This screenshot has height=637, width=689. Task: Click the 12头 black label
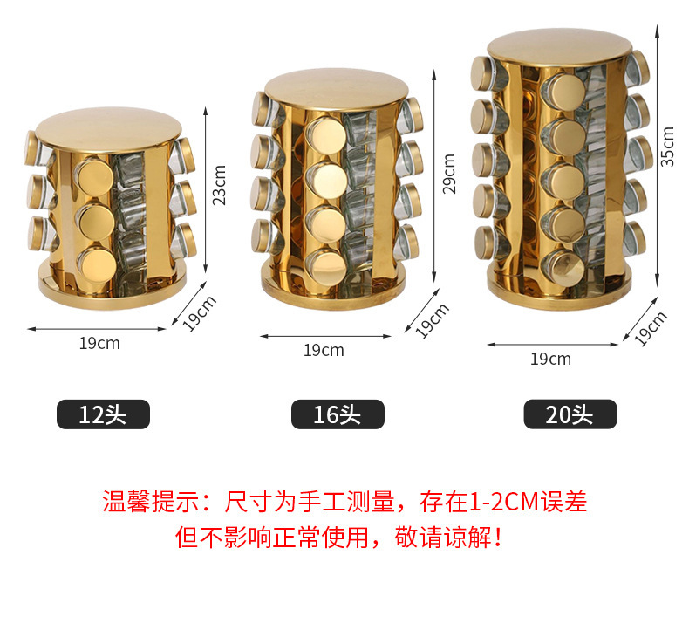point(103,414)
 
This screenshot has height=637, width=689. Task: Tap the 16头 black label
point(337,414)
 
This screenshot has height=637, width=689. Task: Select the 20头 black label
point(570,414)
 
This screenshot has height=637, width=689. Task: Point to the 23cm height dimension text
point(220,184)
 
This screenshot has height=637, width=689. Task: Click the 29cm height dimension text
point(449,174)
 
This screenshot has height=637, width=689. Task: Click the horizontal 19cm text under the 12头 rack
point(99,343)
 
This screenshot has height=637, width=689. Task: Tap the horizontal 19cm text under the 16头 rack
point(324,351)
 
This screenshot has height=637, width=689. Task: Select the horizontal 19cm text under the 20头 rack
point(550,359)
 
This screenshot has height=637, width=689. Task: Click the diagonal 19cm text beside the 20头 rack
point(651,329)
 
